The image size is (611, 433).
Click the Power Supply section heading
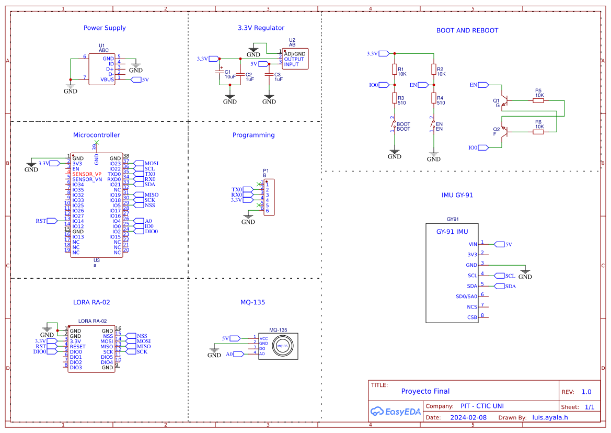coord(105,28)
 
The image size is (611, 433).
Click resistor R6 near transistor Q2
coord(538,132)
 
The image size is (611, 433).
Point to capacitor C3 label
coord(278,74)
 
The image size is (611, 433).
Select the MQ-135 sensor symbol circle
coord(283,346)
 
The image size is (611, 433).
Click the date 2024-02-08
coord(468,417)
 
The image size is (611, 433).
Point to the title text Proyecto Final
coord(425,391)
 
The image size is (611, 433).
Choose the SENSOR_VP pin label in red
coord(87,174)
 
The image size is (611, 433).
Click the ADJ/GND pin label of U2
coord(294,54)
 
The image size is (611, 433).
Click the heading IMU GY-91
coord(457,195)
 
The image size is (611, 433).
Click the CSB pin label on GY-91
coord(472,317)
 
